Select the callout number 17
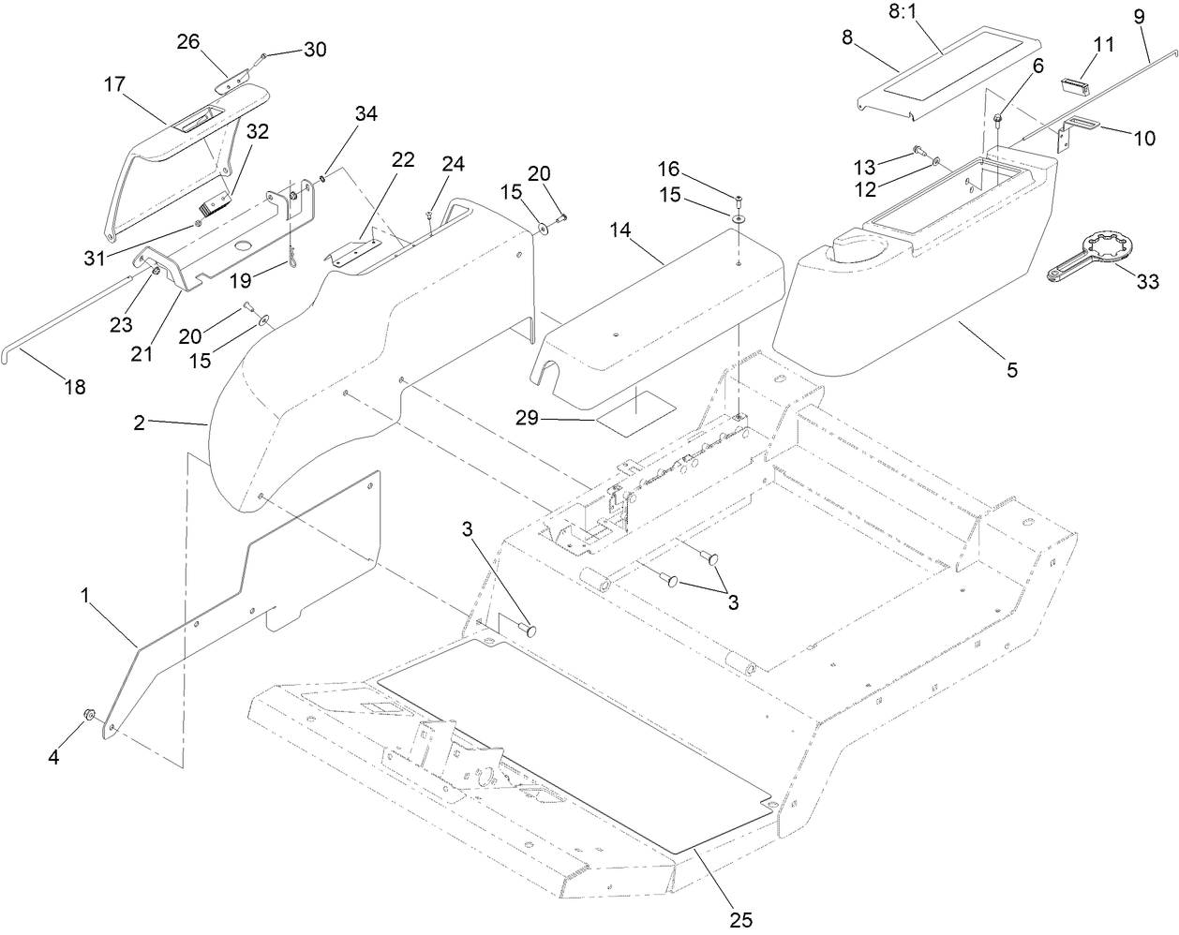coord(114,85)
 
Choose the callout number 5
coord(1011,370)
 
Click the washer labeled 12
coord(936,163)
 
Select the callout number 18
coord(74,387)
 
